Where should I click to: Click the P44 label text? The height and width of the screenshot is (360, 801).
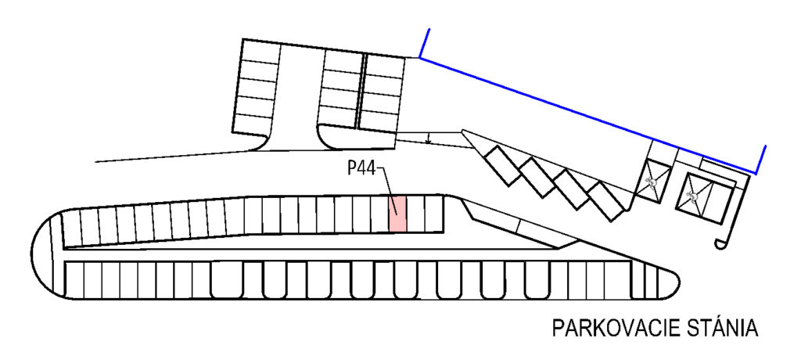[x=361, y=168]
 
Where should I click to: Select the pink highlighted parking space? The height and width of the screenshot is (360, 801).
[x=398, y=213]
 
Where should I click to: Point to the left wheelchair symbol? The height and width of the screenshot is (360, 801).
[x=652, y=181]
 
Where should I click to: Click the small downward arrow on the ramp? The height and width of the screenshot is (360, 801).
[x=429, y=137]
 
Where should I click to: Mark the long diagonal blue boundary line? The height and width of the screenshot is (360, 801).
[x=587, y=115]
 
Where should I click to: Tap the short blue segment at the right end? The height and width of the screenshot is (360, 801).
[x=760, y=160]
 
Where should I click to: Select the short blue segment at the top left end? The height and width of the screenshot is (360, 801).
[x=424, y=43]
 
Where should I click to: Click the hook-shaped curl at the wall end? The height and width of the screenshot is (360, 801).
[x=720, y=244]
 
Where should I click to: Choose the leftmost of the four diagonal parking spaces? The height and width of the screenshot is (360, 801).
[x=502, y=165]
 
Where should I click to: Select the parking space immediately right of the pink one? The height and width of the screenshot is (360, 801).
[x=416, y=214]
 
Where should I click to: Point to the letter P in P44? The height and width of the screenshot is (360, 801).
[x=352, y=168]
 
